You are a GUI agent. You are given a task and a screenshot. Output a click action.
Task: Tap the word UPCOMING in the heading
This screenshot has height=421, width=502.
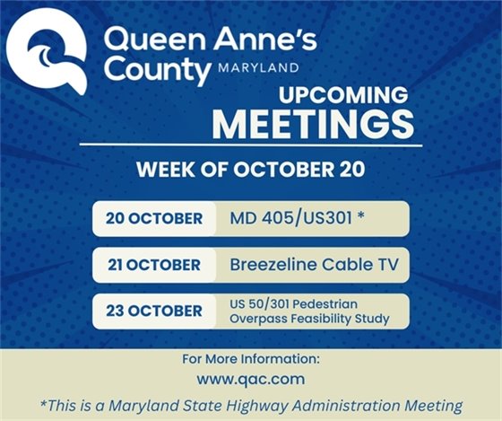[345, 96]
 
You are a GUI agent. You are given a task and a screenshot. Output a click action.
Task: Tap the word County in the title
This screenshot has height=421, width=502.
[154, 70]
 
